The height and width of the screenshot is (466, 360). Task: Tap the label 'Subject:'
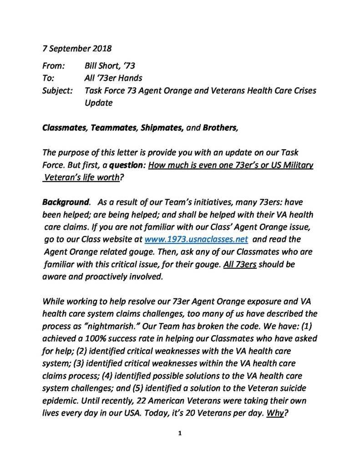pos(57,91)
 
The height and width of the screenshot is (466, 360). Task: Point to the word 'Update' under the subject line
pos(98,103)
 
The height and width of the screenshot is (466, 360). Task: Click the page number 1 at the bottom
pos(180,433)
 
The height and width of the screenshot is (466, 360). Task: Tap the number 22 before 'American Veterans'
pos(151,401)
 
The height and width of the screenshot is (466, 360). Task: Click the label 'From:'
pos(54,66)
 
